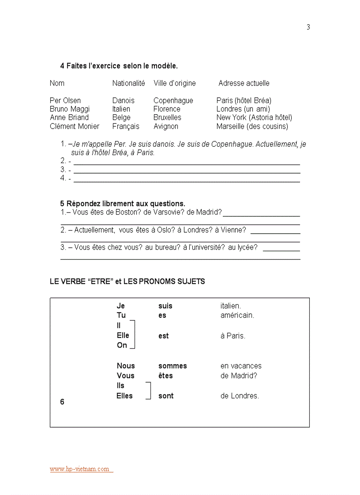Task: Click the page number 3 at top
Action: [308, 27]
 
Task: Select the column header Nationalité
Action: [128, 83]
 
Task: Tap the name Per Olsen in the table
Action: [65, 100]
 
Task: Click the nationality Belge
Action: [121, 118]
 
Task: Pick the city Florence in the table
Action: [167, 109]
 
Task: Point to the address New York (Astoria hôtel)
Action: [254, 118]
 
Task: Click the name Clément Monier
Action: [75, 127]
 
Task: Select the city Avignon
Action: [166, 127]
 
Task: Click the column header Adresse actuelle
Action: [244, 83]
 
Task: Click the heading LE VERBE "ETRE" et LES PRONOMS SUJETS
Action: [127, 282]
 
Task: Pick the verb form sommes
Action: [172, 366]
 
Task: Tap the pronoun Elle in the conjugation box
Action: [123, 335]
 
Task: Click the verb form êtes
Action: [165, 376]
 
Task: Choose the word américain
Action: [237, 316]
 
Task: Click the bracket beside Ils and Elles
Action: [149, 391]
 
